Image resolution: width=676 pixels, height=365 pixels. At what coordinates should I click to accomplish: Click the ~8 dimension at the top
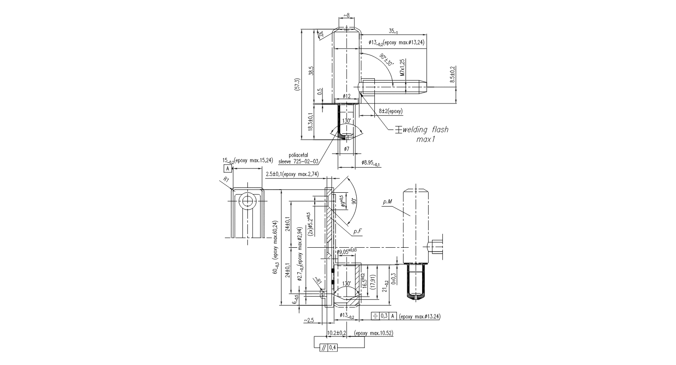pyautogui.click(x=346, y=15)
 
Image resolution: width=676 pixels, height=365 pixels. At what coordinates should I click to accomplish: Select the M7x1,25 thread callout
pyautogui.click(x=402, y=68)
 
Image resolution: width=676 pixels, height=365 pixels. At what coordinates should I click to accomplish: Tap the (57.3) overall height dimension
pyautogui.click(x=297, y=84)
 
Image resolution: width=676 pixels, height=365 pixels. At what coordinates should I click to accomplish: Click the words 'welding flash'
pyautogui.click(x=426, y=129)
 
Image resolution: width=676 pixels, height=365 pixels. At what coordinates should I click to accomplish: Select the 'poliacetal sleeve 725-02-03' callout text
pyautogui.click(x=299, y=158)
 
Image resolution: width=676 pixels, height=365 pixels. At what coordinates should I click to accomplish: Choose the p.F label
pyautogui.click(x=357, y=232)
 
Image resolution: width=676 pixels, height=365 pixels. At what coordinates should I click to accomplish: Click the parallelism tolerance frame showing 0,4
pyautogui.click(x=328, y=347)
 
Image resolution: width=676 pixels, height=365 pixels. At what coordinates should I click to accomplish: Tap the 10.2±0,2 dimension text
pyautogui.click(x=337, y=333)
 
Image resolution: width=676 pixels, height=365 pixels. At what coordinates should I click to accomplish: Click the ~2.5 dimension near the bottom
pyautogui.click(x=309, y=320)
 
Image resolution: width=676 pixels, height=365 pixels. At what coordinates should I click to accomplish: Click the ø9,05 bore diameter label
pyautogui.click(x=347, y=251)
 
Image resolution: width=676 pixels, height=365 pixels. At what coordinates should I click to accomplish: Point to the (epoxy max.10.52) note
pyautogui.click(x=374, y=333)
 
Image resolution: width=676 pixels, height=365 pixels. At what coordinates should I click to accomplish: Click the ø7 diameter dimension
pyautogui.click(x=346, y=149)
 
